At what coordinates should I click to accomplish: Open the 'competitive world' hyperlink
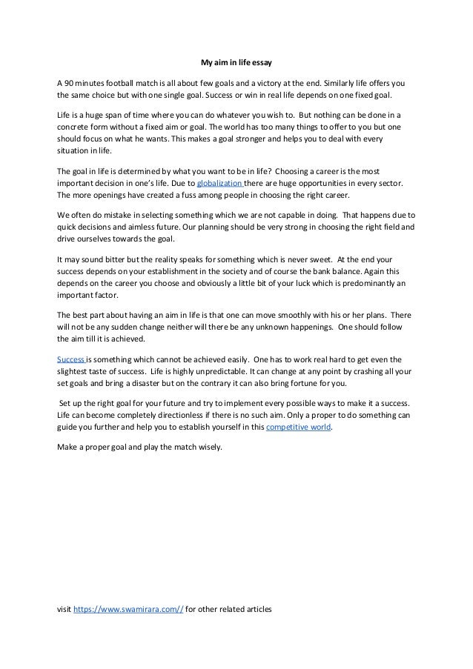click(x=298, y=429)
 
